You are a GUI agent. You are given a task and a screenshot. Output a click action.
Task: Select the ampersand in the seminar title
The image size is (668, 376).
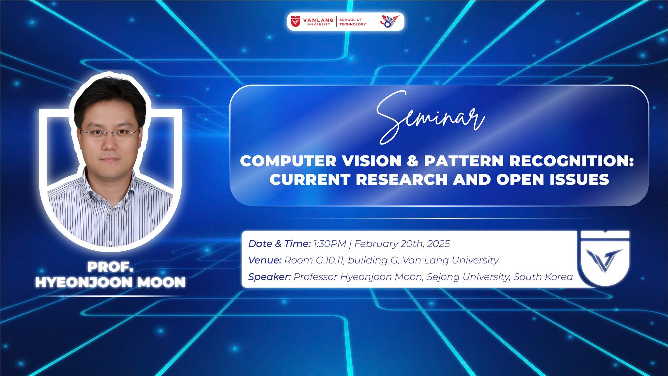point(413,161)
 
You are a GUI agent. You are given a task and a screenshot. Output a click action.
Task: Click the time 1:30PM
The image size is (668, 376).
point(330,243)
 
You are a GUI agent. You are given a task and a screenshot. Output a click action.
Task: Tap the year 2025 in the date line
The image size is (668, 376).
point(438,243)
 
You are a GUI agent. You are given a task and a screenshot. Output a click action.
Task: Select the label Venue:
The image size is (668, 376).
point(265,260)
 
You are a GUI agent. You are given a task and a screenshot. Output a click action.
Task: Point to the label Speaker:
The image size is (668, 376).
point(269,277)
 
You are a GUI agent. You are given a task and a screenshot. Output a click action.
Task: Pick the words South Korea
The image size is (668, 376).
point(543,277)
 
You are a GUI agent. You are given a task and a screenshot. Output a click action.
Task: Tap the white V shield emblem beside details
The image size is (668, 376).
point(605,258)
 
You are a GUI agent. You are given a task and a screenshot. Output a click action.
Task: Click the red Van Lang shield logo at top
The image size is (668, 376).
point(296,22)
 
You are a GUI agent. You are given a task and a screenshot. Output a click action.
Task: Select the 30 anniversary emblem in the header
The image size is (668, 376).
point(389,22)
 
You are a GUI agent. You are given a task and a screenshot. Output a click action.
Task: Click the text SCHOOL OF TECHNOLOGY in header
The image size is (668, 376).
point(352,22)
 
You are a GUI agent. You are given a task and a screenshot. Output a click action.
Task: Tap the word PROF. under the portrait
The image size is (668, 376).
point(110,267)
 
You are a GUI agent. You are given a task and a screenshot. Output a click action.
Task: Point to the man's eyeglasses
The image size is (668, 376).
point(110,133)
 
